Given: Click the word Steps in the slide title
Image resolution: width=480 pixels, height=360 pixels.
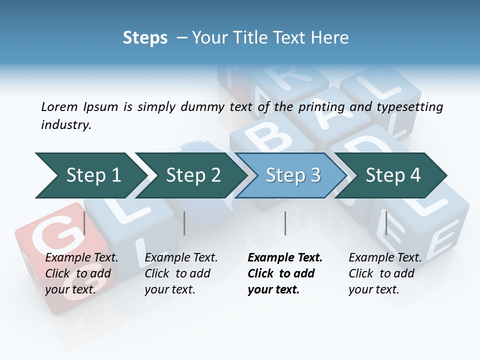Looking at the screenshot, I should [145, 37].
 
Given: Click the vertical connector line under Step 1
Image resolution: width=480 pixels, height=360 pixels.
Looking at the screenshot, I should [84, 223].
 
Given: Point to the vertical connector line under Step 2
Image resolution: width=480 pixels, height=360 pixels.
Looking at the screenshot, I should [184, 223].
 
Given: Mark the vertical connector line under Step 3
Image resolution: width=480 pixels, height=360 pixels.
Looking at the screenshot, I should [285, 223].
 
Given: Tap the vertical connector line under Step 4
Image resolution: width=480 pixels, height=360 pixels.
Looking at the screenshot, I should [386, 223].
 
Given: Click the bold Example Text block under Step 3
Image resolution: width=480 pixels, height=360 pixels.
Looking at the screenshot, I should [285, 273].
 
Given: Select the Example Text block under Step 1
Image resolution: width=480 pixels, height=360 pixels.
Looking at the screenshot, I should [81, 273].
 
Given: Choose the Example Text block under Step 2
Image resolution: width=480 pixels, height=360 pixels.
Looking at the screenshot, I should [181, 273].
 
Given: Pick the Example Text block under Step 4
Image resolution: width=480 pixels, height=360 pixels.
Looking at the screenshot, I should [385, 273].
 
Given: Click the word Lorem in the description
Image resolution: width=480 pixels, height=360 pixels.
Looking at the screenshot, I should [59, 106].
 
